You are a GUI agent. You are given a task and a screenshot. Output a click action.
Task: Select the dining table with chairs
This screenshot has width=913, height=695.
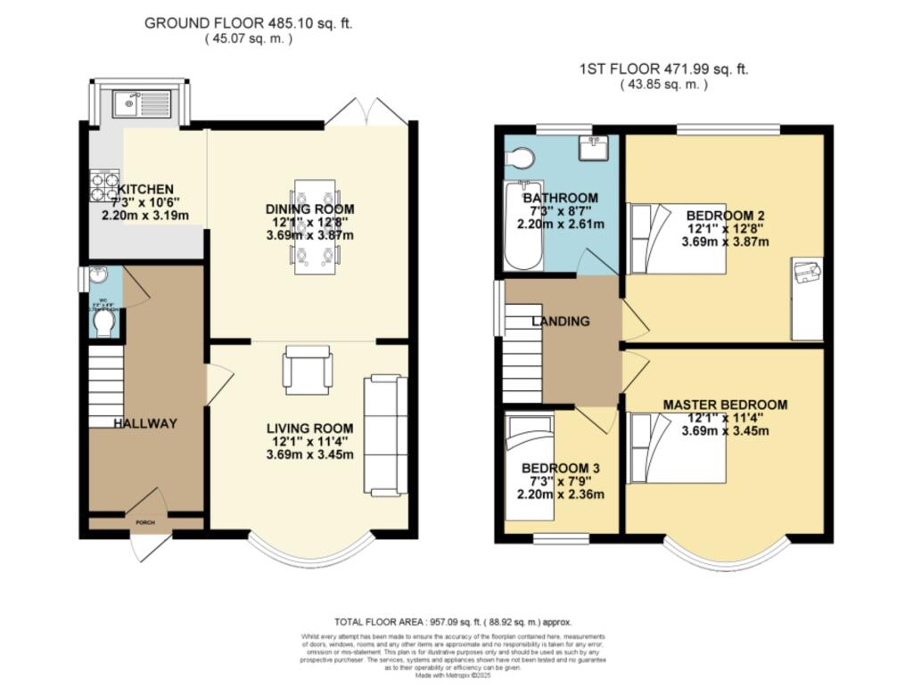pos(316,228)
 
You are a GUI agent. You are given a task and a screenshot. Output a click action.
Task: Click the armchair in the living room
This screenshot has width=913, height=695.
pos(308,369)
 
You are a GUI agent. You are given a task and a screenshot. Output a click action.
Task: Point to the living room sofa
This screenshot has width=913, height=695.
pos(384,436)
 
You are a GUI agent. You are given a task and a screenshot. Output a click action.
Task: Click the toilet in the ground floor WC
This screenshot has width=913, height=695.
pos(103,323)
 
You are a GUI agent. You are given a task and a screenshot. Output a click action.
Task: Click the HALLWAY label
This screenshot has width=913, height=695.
pos(144,423)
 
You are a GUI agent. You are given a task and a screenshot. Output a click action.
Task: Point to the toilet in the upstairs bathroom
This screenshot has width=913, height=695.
pos(519,158)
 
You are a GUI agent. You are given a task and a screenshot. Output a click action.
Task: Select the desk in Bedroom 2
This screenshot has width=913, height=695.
pos(808,298)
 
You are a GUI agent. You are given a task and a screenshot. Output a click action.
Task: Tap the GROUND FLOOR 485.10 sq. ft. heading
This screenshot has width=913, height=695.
pos(249,23)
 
